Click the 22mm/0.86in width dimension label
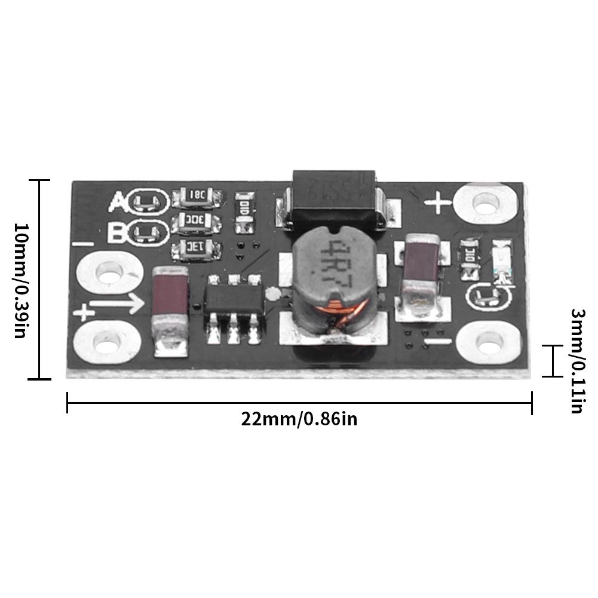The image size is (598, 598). pyautogui.click(x=299, y=418)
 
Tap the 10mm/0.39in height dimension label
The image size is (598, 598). pyautogui.click(x=19, y=280)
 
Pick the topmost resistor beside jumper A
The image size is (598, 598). pyautogui.click(x=197, y=194)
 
